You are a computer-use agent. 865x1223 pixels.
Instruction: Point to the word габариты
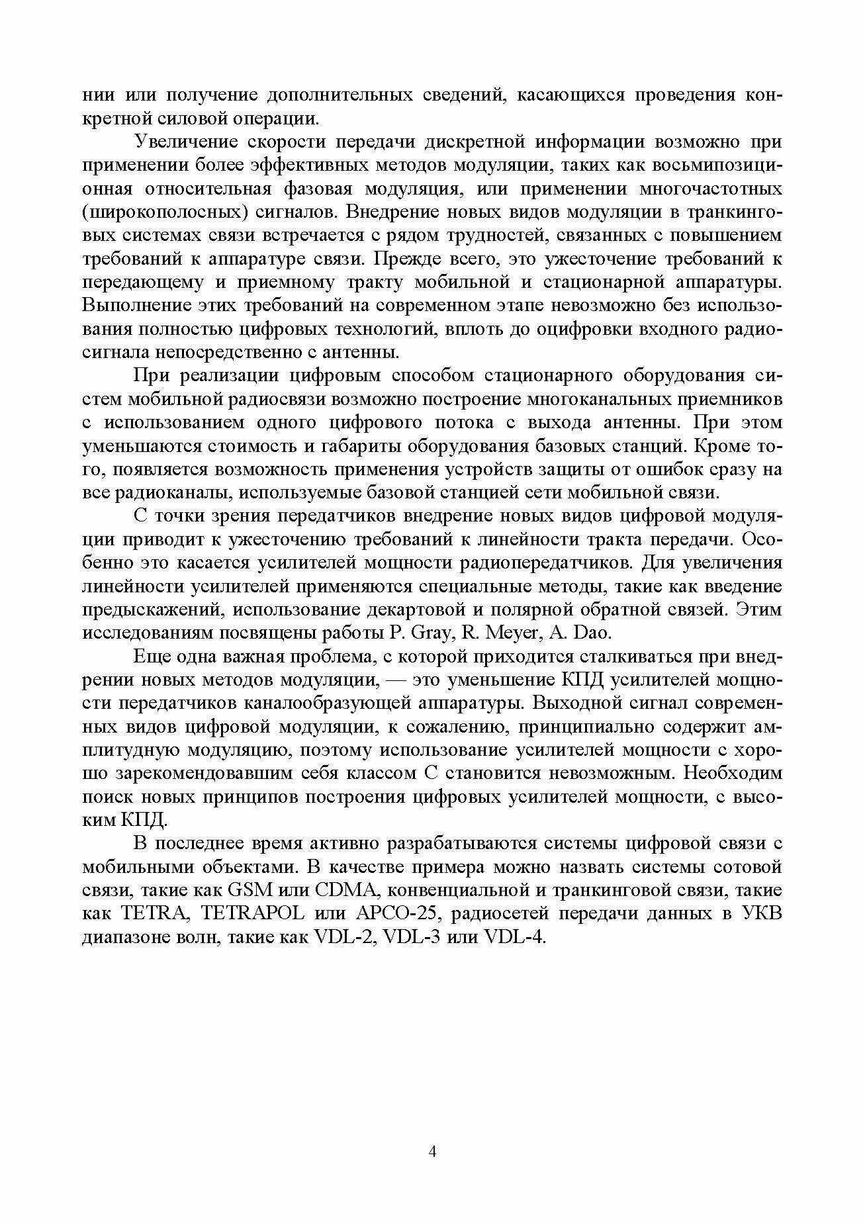360,446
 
